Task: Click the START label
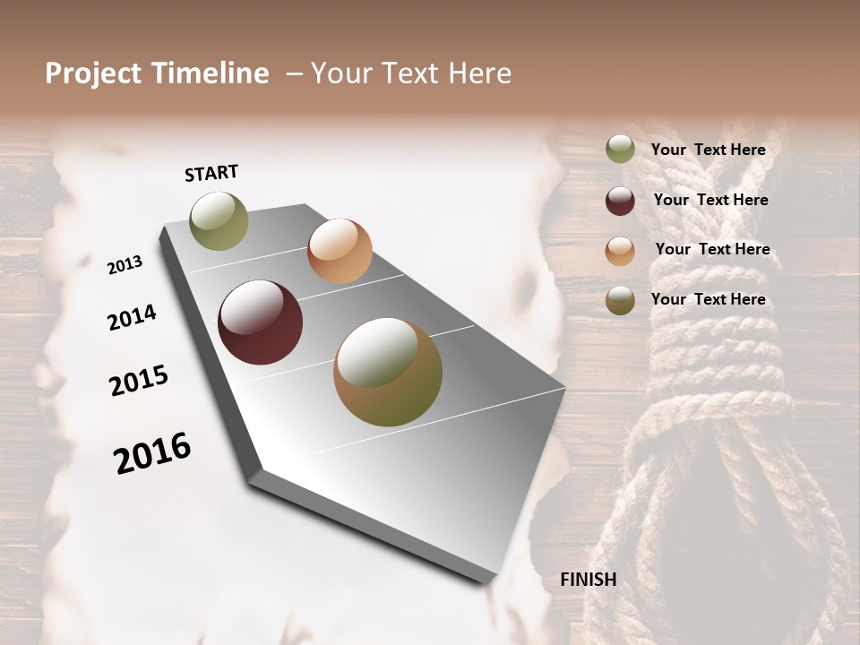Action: (211, 173)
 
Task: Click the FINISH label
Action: (589, 580)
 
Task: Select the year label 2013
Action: (125, 265)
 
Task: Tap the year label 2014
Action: (132, 318)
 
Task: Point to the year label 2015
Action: (139, 381)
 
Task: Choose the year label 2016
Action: (152, 453)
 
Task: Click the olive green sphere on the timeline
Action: (219, 220)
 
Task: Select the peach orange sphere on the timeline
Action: (340, 250)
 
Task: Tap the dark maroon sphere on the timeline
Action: (260, 322)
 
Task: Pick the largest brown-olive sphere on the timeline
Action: (388, 372)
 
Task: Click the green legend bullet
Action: (620, 150)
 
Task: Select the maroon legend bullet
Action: (620, 201)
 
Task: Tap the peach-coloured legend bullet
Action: (620, 250)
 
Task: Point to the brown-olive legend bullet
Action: (620, 300)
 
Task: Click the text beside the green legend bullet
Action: (708, 150)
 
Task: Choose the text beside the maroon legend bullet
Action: (710, 200)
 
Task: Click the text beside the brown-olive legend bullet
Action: (708, 299)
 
